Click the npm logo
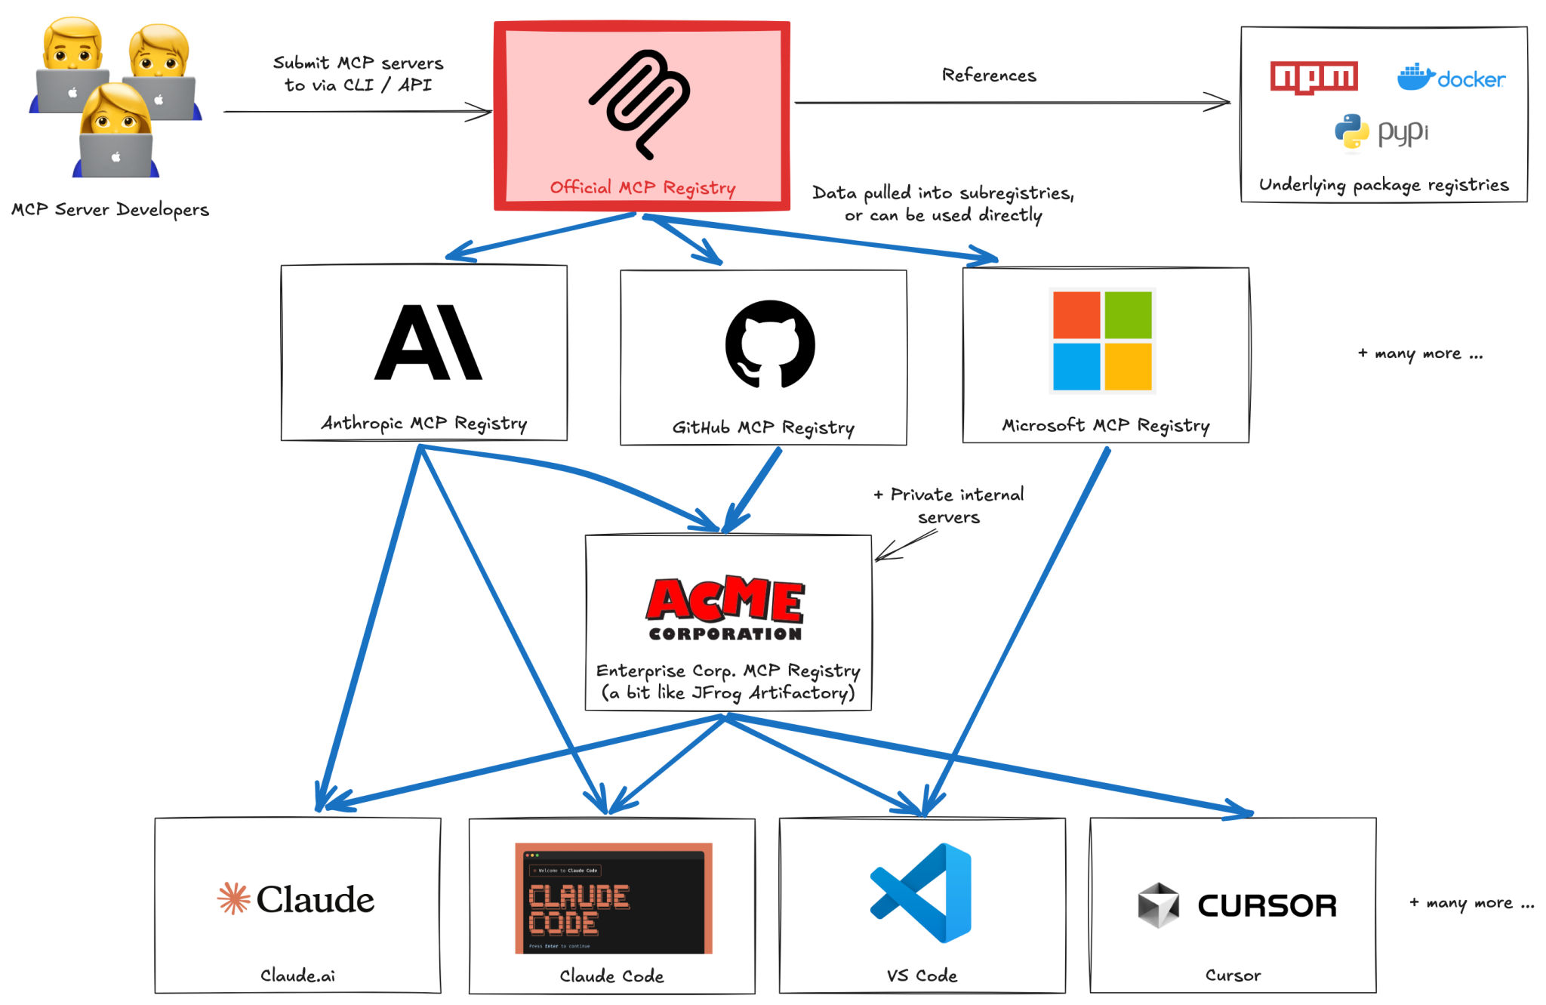point(1313,77)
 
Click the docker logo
point(1450,78)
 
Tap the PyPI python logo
point(1351,134)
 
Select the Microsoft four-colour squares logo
point(1102,341)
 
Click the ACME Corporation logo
point(725,609)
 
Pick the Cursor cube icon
point(1158,905)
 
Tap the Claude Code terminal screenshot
point(613,899)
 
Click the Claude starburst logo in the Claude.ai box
point(233,899)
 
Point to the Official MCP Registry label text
point(642,187)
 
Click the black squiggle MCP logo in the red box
point(642,103)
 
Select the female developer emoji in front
point(115,132)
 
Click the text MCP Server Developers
point(110,210)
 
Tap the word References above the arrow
point(989,76)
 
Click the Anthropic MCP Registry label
point(423,424)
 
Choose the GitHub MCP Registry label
point(763,428)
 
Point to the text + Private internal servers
point(949,506)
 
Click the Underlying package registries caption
point(1384,185)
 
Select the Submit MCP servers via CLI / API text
point(358,74)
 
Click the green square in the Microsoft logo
point(1128,315)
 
